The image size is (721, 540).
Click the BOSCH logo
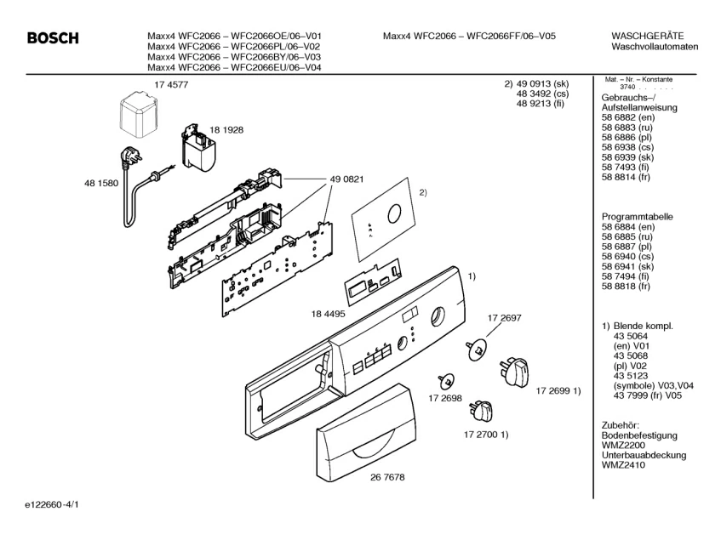[53, 38]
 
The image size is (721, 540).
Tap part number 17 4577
[171, 84]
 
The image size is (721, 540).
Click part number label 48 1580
[101, 183]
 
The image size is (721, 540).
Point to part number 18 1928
[226, 130]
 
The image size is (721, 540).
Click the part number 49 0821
[346, 179]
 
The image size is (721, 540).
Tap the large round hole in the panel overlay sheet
[394, 214]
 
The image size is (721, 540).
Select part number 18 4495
[328, 314]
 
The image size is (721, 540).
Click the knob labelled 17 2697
[477, 349]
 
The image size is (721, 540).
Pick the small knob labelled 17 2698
[446, 381]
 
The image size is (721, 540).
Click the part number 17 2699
[552, 391]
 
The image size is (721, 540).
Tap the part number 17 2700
[480, 435]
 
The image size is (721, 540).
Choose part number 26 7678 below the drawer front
[387, 477]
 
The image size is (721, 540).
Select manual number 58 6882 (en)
[628, 117]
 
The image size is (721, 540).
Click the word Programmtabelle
[638, 217]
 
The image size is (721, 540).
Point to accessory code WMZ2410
[623, 465]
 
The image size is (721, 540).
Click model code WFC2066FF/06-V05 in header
[511, 36]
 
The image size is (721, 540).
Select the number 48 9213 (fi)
[540, 104]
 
